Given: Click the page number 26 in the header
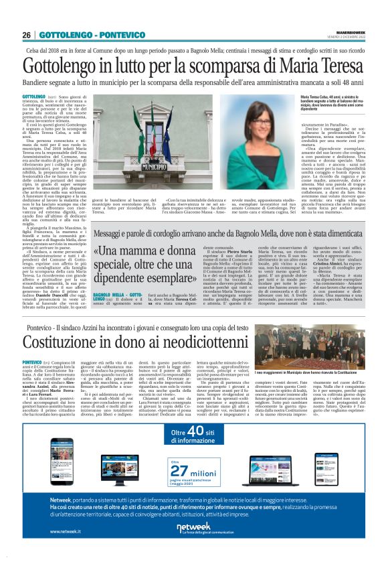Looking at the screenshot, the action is [27, 34].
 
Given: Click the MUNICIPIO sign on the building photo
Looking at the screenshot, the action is [134, 160].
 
